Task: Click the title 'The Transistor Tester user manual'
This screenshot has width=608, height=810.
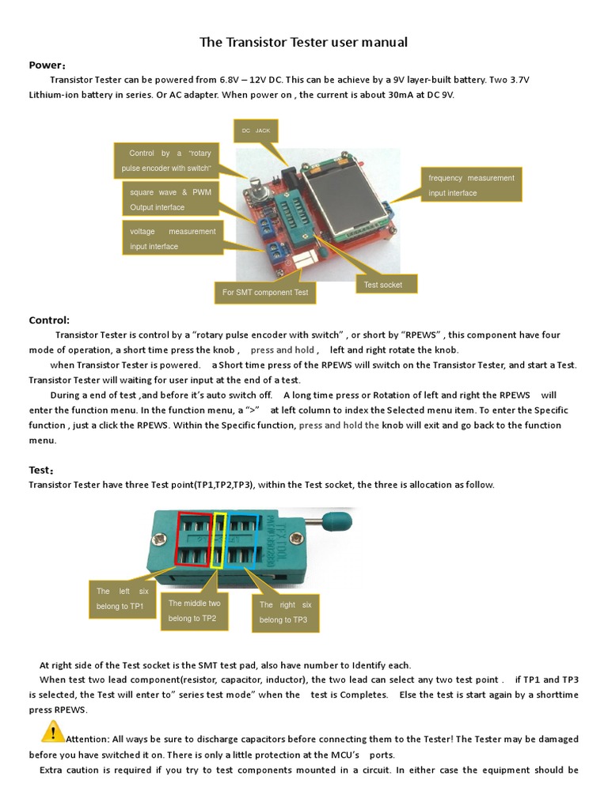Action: tap(303, 42)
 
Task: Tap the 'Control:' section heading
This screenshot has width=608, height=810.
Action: tap(49, 320)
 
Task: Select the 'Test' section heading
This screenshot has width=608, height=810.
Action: tap(41, 470)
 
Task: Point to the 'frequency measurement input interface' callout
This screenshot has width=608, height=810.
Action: tap(471, 185)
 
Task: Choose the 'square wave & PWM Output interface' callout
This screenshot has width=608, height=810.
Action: tap(170, 199)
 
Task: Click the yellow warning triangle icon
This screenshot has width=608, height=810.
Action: tap(53, 732)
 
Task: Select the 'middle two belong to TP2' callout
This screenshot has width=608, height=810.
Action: tap(194, 611)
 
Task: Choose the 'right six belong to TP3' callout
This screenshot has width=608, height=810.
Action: tap(286, 611)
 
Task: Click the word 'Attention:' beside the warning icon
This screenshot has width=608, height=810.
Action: tap(87, 739)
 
